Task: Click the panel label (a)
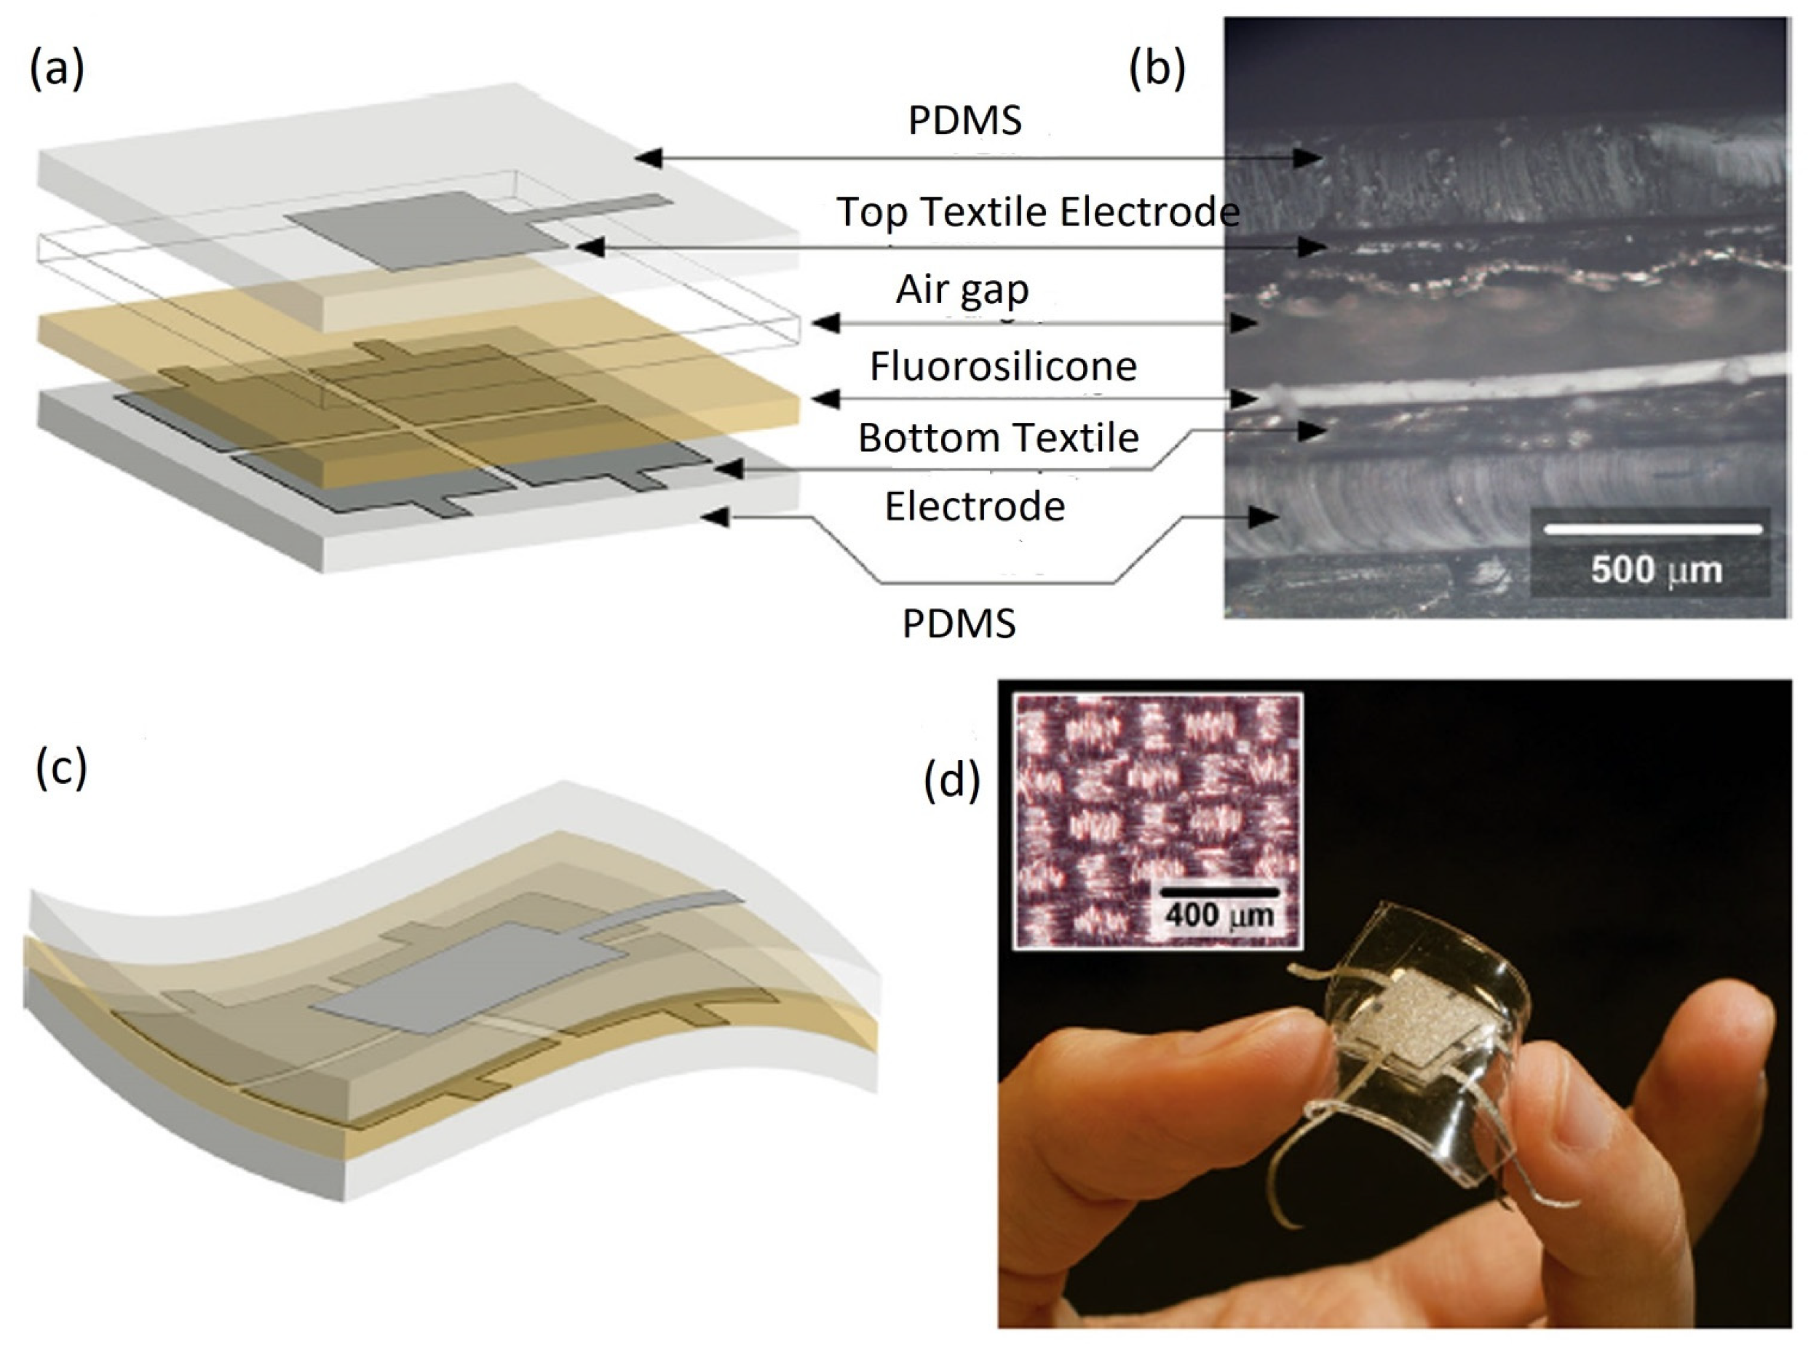click(57, 70)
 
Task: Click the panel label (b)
click(1156, 70)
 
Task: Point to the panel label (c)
click(60, 770)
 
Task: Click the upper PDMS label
click(964, 120)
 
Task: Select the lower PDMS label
click(959, 624)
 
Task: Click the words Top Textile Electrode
click(1037, 212)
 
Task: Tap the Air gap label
click(962, 289)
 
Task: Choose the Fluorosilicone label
click(1003, 366)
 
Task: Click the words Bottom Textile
click(998, 438)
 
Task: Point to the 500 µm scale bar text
click(1655, 571)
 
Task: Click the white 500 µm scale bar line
click(1652, 530)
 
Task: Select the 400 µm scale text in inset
click(1219, 914)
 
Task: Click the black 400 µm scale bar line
click(1219, 892)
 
